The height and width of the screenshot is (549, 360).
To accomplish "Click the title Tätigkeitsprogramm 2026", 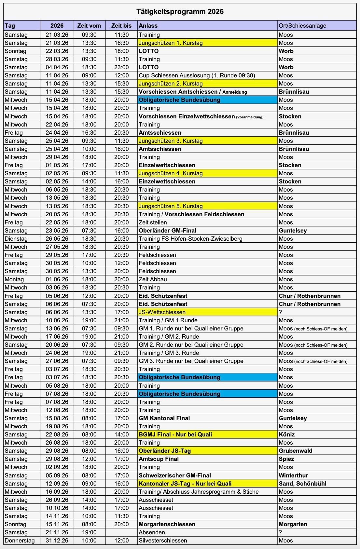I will tap(180, 12).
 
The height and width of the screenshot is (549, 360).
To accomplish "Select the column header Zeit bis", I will tap(121, 26).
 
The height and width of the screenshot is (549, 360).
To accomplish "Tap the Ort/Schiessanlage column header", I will tap(302, 26).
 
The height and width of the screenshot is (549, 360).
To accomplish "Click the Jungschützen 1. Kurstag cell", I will tap(171, 43).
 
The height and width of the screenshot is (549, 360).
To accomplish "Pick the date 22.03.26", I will tap(57, 51).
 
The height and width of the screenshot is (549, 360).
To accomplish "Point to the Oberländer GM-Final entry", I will tap(167, 231).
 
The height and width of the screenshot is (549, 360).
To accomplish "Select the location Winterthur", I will tap(293, 475).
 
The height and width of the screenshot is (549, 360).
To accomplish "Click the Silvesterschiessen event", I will tap(163, 541).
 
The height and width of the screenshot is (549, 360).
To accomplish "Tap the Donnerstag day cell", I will tap(19, 541).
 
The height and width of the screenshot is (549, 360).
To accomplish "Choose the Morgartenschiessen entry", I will tap(167, 524).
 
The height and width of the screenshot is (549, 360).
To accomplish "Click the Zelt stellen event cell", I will tap(153, 222).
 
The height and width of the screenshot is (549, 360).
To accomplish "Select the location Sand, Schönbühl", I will tap(302, 484).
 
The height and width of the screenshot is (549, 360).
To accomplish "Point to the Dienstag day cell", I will tap(16, 239).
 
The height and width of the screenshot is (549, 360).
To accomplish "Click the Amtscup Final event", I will tap(159, 459).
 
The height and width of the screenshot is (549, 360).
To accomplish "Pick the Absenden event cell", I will tap(152, 532).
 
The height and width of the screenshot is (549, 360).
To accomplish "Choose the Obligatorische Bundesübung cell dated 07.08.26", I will tap(179, 394).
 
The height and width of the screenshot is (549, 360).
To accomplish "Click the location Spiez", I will tap(286, 459).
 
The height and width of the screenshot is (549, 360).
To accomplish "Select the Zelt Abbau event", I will tap(153, 279).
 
